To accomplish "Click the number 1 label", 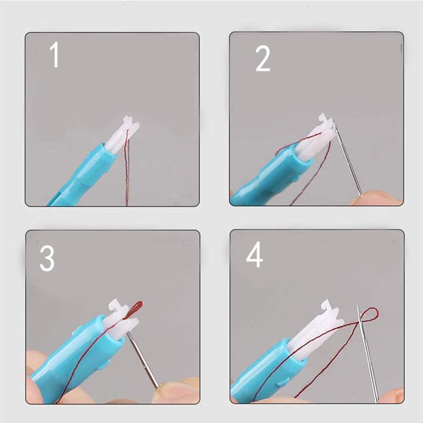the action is click(55, 55).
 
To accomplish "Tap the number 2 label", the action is click(263, 58).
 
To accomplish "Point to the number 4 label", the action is click(254, 254).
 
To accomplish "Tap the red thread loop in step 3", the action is click(136, 308).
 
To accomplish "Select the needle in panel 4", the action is click(368, 353).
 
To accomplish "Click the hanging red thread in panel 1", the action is click(127, 167).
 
